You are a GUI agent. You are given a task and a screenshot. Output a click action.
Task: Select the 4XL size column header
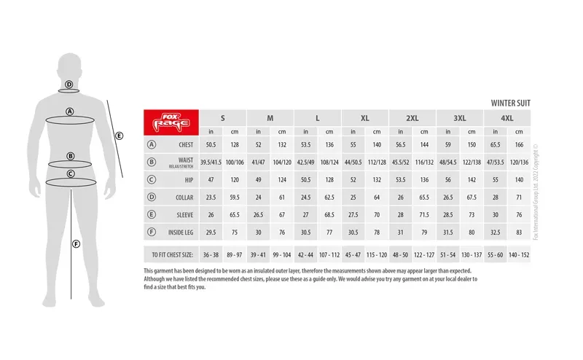tap(507, 118)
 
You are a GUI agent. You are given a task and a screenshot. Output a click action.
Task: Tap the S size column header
tap(222, 118)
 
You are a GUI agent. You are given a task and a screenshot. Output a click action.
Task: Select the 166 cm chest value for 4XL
tap(520, 144)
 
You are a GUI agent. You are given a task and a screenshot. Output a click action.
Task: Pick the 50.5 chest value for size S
tap(211, 144)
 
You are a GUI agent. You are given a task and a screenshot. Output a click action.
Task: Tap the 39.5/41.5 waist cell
tap(211, 162)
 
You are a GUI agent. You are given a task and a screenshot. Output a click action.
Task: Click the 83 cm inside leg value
tap(520, 232)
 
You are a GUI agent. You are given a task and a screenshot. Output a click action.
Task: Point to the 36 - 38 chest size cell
tap(211, 255)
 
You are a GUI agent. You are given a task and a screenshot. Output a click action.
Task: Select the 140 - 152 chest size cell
tap(520, 255)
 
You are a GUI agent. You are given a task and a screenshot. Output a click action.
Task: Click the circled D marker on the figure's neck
tap(69, 85)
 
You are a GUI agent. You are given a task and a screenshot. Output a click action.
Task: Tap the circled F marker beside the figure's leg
tap(76, 244)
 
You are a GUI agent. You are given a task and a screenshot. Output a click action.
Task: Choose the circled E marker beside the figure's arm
tap(120, 135)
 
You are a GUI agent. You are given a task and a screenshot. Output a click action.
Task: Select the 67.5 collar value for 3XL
tap(472, 197)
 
